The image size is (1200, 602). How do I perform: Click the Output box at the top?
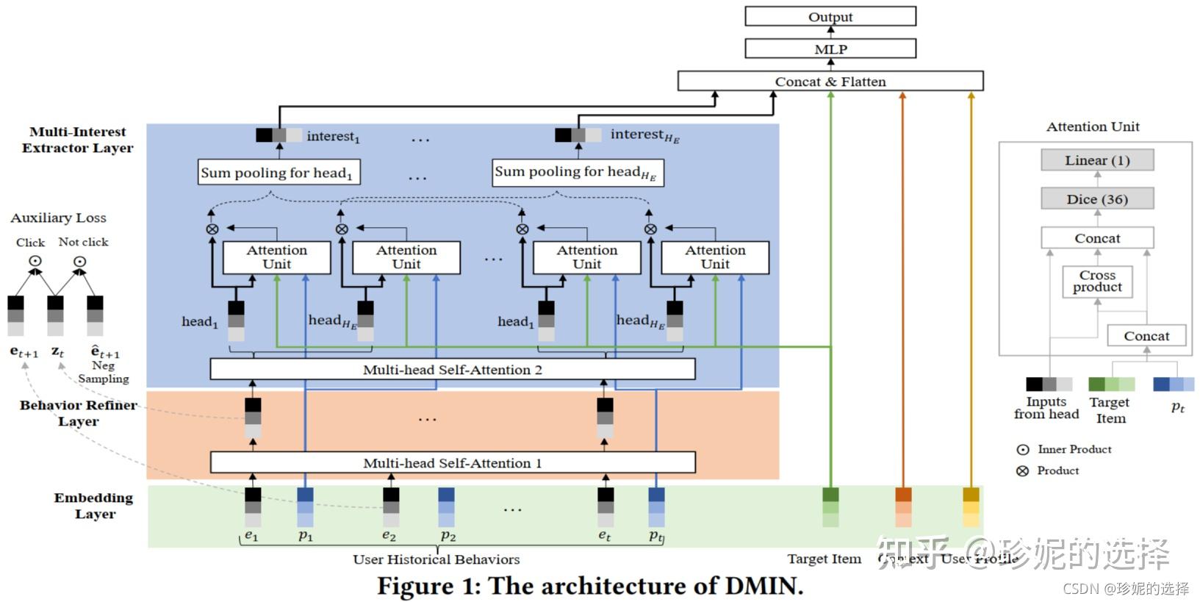point(830,16)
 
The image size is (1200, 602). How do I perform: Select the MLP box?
point(830,49)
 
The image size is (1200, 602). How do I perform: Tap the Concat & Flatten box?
point(830,81)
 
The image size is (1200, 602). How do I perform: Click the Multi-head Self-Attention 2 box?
point(453,369)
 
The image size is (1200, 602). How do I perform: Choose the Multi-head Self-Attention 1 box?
point(453,462)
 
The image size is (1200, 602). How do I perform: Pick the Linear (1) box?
point(1097,160)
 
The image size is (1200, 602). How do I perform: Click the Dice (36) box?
point(1097,199)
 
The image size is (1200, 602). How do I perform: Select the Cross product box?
point(1097,281)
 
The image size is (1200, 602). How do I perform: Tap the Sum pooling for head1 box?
point(279,173)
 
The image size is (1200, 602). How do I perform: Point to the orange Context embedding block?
point(903,507)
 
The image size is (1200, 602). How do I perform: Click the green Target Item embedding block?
point(830,507)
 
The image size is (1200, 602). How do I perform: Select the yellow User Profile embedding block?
point(971,507)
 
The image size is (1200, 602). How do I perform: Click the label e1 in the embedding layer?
point(251,536)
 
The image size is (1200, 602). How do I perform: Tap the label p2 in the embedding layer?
point(448,536)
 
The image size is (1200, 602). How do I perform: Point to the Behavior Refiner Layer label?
point(78,413)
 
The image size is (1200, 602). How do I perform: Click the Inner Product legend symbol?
point(1022,449)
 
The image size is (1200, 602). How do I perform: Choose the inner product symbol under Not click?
point(80,261)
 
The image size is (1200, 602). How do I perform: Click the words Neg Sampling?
point(104,372)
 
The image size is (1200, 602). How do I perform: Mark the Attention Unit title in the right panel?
point(1093,126)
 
